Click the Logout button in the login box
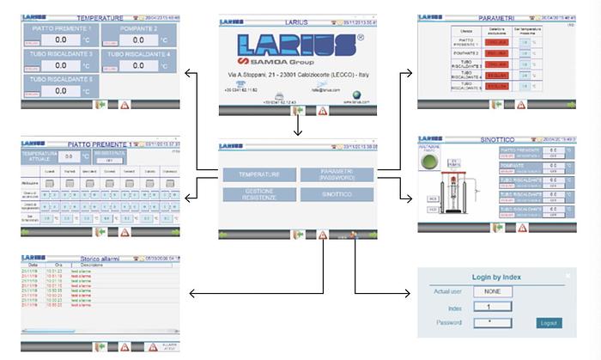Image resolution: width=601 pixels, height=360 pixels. click(x=547, y=323)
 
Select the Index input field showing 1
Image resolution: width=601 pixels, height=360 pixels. click(x=486, y=306)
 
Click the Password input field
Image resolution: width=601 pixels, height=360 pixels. click(x=486, y=323)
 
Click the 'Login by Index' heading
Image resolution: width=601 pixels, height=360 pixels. click(x=497, y=278)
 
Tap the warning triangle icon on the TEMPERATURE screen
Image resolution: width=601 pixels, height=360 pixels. click(x=124, y=105)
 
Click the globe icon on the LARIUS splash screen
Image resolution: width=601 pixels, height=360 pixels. click(x=356, y=97)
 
